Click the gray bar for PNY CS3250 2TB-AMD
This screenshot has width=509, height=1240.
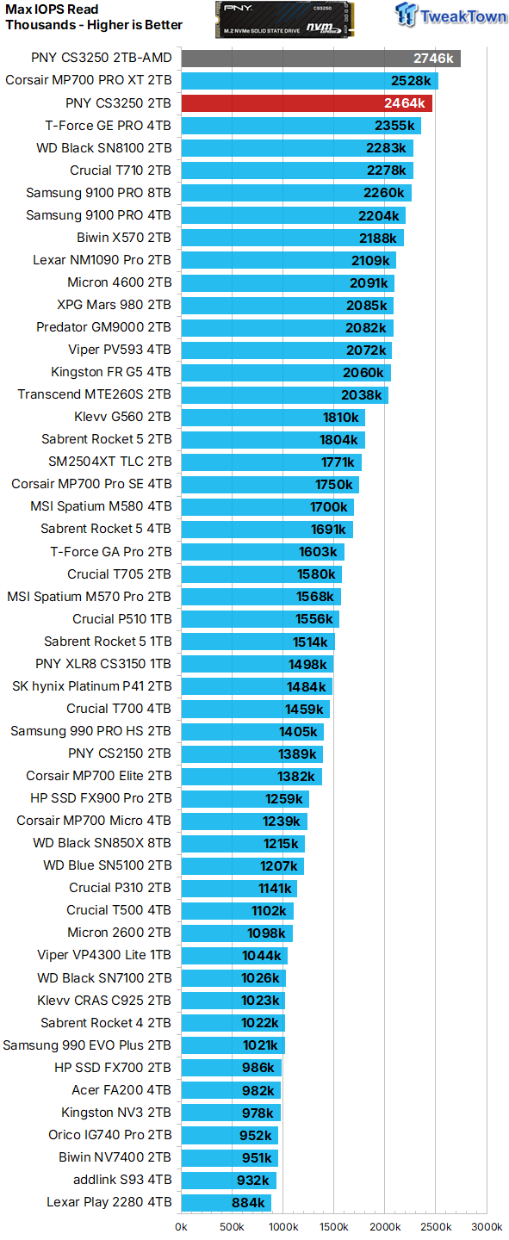320,59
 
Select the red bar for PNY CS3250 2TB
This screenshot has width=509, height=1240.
307,103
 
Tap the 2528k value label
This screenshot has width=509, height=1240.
411,81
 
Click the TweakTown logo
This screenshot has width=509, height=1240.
450,16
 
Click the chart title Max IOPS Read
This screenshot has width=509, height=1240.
53,9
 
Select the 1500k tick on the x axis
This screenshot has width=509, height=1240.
334,1226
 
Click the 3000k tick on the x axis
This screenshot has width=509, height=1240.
487,1226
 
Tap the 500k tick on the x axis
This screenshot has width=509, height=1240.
233,1226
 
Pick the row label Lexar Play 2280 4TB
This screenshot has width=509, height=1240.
109,1202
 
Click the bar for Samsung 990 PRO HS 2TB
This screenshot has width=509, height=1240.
252,731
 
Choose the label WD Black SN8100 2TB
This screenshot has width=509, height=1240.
104,148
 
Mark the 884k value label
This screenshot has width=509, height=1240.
249,1202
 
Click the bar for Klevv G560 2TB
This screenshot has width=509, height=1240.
273,417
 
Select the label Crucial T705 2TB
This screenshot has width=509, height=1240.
120,574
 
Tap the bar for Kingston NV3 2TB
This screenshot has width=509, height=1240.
230,1113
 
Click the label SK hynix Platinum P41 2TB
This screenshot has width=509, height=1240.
92,686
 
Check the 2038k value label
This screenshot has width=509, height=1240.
361,394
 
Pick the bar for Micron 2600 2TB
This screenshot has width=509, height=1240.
237,933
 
